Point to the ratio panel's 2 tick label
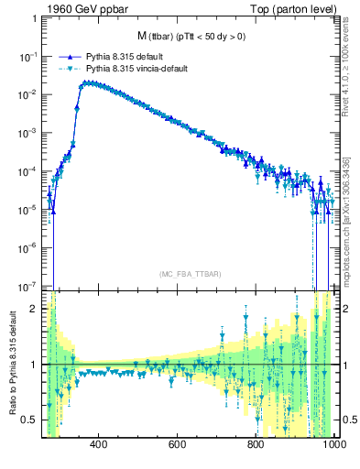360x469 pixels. coord(36,309)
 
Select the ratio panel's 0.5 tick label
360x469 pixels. coord(32,420)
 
